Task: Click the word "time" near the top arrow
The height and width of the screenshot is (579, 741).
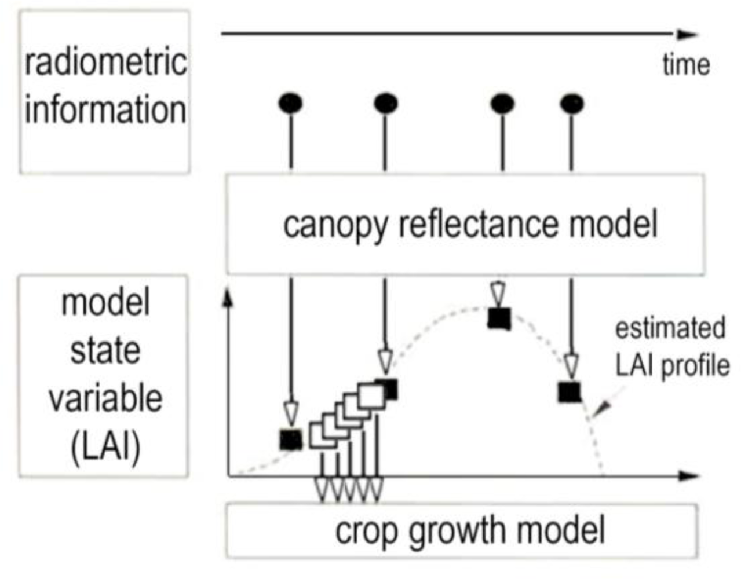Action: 686,64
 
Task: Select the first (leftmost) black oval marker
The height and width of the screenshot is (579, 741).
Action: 290,104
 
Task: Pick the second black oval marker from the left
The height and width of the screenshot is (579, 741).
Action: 385,104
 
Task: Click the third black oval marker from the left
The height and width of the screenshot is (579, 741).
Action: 502,104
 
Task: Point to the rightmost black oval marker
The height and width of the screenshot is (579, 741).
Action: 572,104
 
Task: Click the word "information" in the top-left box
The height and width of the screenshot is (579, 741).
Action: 105,109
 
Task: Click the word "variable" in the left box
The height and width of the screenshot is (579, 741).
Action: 105,399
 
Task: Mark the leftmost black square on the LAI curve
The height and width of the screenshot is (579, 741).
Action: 291,440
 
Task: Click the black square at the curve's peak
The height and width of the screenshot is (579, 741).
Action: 499,318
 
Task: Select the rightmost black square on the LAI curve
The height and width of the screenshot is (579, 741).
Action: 570,392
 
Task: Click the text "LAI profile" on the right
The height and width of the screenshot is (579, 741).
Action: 672,365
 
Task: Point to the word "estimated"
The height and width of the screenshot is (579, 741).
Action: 670,328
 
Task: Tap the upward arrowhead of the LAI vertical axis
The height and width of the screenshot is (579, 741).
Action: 228,296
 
